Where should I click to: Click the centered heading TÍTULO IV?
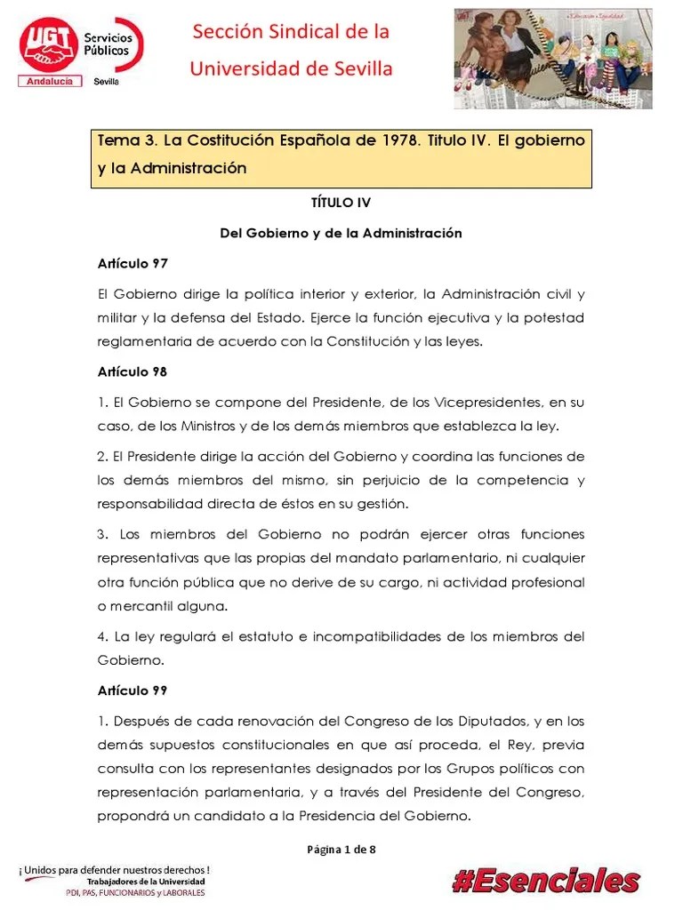pos(341,203)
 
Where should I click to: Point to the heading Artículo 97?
pos(132,264)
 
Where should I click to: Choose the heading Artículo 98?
pos(132,371)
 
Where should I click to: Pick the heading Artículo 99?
pos(132,690)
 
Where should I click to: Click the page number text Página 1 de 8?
pos(341,850)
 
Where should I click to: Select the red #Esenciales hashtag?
pos(546,881)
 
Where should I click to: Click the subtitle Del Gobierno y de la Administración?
pos(341,233)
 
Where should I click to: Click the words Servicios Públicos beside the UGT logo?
pos(108,44)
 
